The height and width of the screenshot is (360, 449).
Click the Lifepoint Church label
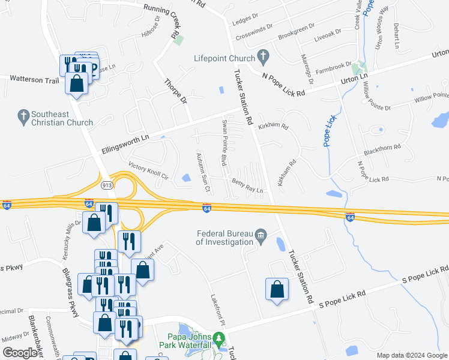tap(223, 58)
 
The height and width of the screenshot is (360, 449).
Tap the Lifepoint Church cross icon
tap(262, 57)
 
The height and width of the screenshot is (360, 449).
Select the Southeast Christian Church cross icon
tap(23, 115)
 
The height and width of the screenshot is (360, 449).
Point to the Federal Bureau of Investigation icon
tap(261, 234)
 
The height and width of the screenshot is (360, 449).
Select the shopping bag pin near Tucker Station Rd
tap(276, 290)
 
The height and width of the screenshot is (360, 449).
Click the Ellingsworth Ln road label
tap(125, 142)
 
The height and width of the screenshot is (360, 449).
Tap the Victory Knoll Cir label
tap(147, 169)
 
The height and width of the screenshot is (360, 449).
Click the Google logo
tap(20, 353)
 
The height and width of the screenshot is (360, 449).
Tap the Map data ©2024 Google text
tap(411, 355)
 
